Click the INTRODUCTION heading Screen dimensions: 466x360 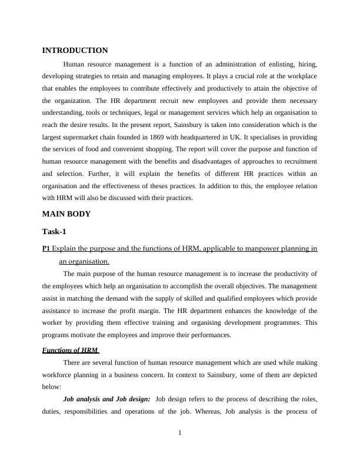[75, 51]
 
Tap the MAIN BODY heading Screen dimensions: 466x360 [66, 214]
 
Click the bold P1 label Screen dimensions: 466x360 [46, 249]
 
